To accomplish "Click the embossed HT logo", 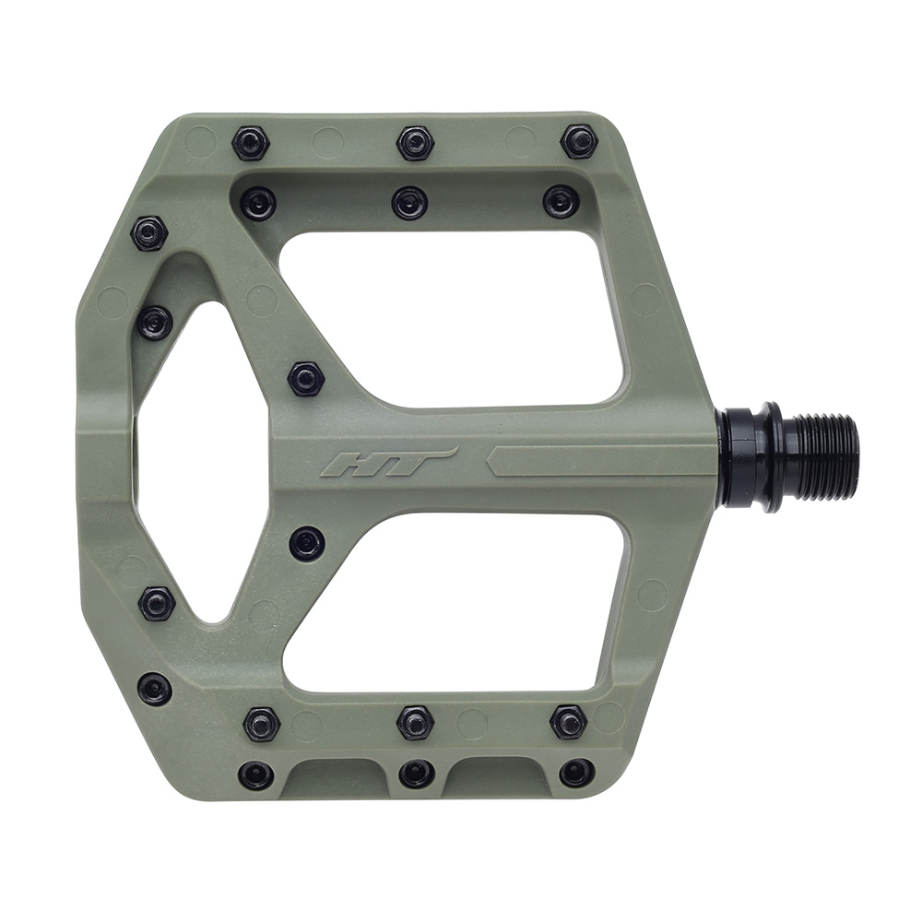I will pos(387,462).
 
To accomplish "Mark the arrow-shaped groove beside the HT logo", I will pos(599,460).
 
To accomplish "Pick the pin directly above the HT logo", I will pos(306,378).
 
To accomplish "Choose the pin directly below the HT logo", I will pos(306,543).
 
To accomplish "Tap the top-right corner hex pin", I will pos(579,142).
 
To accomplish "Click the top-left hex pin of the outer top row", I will pos(250,143).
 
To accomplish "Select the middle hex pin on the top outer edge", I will pos(415,143).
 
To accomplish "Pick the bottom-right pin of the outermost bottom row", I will pos(577,773).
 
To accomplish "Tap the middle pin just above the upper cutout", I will pos(409,203).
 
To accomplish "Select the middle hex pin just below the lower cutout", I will pos(416,722).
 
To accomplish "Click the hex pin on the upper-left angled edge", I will pos(149,233).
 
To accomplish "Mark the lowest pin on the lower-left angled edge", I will pos(154,688).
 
